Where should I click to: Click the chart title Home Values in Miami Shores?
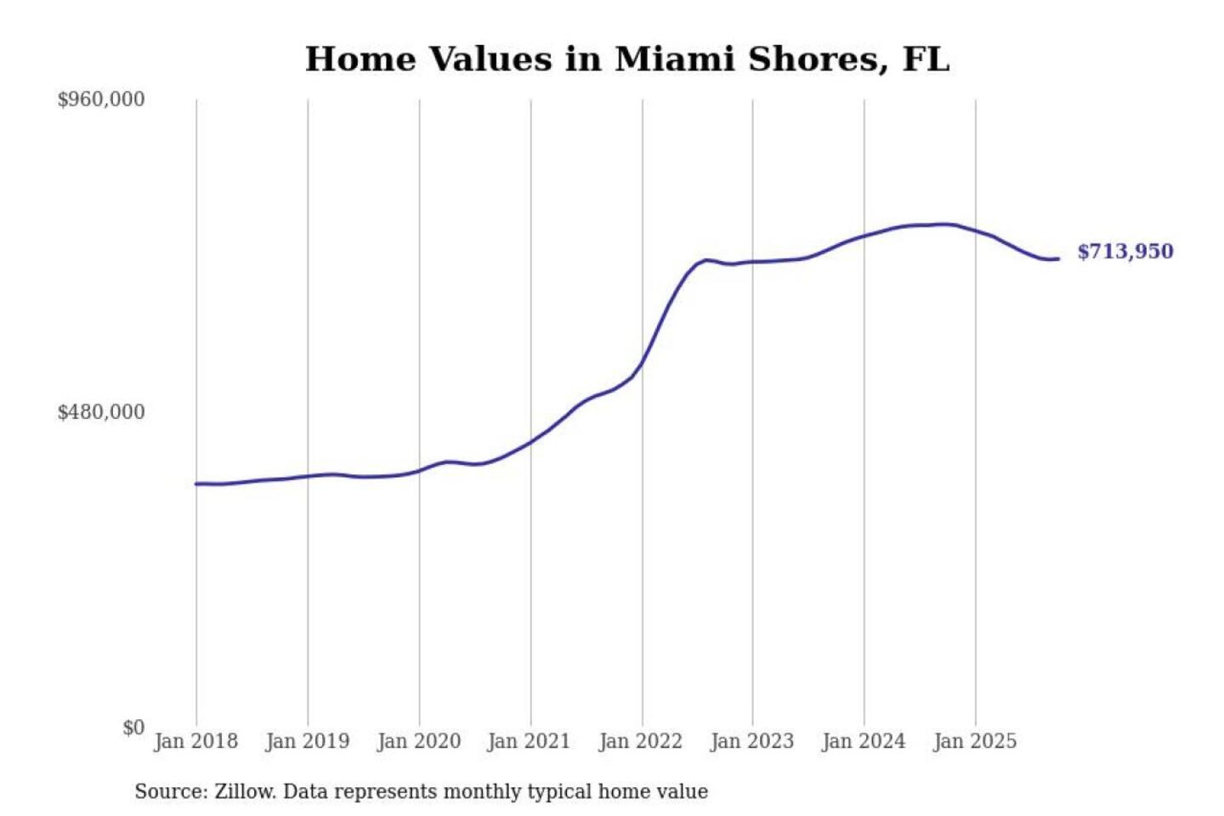point(626,59)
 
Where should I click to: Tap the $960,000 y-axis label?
point(100,99)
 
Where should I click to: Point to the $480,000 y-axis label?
point(100,412)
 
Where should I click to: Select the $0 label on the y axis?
point(133,728)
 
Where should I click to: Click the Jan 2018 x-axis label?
point(195,741)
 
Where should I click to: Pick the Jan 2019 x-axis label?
point(307,741)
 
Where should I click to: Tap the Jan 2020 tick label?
point(418,741)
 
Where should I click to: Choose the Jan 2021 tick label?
point(529,741)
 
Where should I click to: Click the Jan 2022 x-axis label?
point(640,741)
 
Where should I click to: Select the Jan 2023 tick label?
point(751,741)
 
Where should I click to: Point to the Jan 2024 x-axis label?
point(863,741)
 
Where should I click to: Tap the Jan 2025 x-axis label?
point(974,741)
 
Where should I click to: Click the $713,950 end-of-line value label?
point(1125,252)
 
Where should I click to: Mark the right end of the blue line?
point(1058,258)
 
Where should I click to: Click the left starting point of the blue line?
point(196,484)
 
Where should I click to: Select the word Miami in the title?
point(674,59)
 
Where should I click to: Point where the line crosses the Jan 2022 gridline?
point(643,363)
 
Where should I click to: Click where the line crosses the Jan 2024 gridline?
point(864,236)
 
